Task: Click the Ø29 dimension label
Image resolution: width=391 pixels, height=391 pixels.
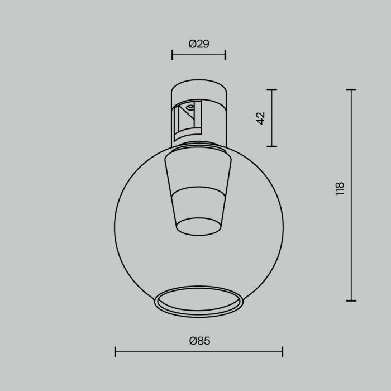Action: (199, 44)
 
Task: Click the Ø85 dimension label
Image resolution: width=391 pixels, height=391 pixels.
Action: (199, 341)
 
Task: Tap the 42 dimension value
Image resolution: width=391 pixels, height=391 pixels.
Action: (261, 118)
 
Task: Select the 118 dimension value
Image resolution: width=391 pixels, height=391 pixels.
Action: (340, 189)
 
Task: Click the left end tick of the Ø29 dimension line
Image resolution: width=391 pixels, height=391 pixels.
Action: (172, 54)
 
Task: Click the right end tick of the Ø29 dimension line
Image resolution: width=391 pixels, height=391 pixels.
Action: (225, 54)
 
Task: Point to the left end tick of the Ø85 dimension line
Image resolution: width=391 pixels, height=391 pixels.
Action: (115, 351)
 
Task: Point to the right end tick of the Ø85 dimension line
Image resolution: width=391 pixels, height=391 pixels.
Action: (282, 351)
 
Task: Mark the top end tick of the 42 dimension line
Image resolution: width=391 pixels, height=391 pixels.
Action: (272, 89)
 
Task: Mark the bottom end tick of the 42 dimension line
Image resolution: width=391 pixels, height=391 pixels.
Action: (272, 146)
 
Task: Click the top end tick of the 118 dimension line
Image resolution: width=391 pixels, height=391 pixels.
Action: (351, 89)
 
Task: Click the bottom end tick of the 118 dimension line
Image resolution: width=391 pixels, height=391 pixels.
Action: (351, 301)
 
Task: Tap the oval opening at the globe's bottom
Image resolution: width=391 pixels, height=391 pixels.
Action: (199, 302)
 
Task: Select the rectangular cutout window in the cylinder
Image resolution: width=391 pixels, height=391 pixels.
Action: (187, 120)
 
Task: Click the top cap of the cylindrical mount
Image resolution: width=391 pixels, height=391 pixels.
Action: (198, 89)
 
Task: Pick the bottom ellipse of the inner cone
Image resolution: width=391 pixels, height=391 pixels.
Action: (198, 226)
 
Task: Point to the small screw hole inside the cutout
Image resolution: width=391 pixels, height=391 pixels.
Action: (190, 106)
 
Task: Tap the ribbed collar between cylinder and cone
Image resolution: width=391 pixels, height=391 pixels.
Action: (198, 147)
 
